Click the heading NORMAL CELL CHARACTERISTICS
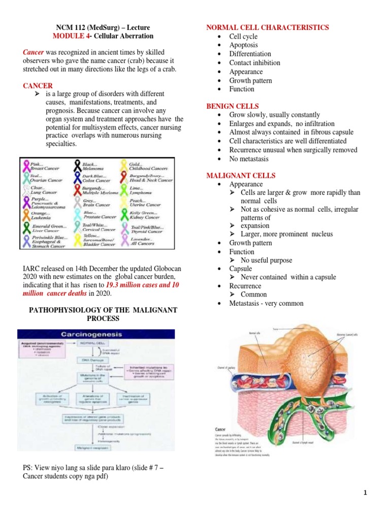pos(267,27)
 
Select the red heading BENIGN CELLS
pos(232,106)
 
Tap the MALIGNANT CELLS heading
pos(241,176)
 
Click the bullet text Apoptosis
pos(244,45)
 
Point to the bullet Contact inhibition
pos(254,63)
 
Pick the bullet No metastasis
pos(250,159)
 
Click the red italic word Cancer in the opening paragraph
pos(33,52)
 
